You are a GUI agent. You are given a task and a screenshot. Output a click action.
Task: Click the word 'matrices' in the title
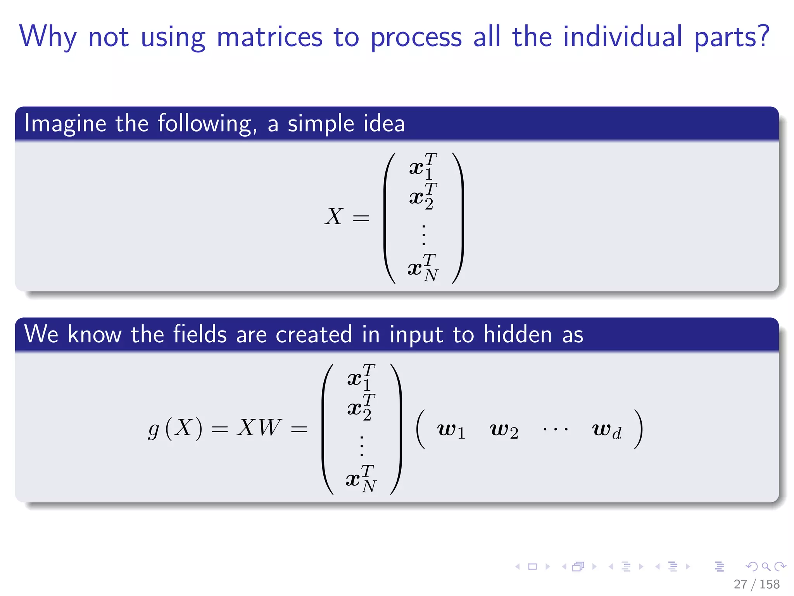click(x=269, y=36)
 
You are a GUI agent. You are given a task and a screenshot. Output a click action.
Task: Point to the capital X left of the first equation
click(x=334, y=217)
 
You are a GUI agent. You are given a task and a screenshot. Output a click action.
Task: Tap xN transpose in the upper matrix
click(x=423, y=268)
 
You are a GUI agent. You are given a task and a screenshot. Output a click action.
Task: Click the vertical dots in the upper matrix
click(x=423, y=234)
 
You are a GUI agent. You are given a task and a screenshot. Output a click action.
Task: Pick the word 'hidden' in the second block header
click(x=517, y=334)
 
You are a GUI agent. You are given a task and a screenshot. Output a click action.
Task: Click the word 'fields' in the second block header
click(x=200, y=334)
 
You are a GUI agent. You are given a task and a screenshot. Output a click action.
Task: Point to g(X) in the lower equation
click(x=175, y=428)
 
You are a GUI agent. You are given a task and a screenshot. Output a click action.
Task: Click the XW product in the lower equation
click(x=259, y=428)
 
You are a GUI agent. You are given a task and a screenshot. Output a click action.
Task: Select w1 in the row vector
click(x=451, y=430)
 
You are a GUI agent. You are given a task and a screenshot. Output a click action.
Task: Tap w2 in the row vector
click(x=504, y=430)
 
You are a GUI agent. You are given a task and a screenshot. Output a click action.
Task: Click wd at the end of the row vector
click(x=607, y=430)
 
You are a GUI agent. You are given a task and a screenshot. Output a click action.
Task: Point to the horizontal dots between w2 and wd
click(x=555, y=430)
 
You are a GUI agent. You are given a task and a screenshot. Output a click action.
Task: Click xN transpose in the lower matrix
click(x=361, y=479)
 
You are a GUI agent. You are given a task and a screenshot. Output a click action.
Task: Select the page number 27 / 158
click(x=756, y=584)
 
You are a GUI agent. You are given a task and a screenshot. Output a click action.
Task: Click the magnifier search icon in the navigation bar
click(x=766, y=567)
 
